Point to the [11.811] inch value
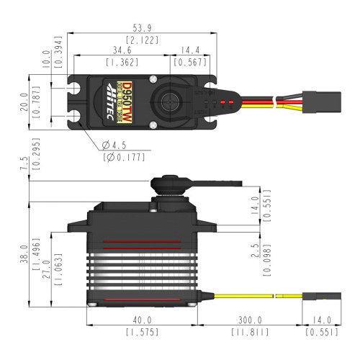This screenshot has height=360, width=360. [250, 333]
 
